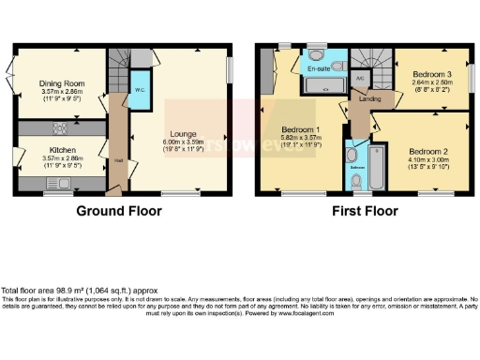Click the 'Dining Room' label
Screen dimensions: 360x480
coord(62,83)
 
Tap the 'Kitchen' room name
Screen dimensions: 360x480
coord(62,149)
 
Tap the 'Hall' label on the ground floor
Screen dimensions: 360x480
coord(118,160)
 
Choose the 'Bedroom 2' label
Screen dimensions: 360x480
coord(427,149)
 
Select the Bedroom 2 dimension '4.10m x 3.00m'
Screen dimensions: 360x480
coord(427,158)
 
